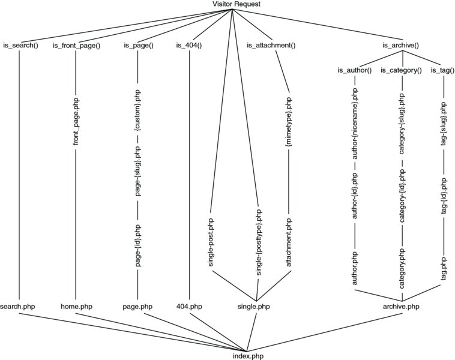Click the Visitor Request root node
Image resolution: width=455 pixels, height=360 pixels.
click(x=236, y=4)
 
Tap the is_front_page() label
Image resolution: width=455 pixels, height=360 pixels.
click(x=76, y=45)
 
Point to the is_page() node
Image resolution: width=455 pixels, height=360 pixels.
click(x=139, y=45)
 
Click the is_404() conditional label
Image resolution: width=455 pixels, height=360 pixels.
click(x=188, y=45)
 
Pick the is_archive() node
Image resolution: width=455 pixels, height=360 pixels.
click(x=400, y=45)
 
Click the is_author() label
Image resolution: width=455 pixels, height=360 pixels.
click(x=355, y=70)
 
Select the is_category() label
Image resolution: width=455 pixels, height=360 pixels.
click(x=401, y=70)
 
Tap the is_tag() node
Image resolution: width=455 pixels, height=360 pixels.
click(x=442, y=70)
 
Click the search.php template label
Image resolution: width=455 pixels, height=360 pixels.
click(x=20, y=307)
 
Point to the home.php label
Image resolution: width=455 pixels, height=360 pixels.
click(x=77, y=307)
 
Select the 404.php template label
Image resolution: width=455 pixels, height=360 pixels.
click(x=188, y=307)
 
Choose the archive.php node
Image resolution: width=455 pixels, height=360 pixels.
click(x=400, y=307)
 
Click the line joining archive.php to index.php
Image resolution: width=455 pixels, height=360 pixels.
click(x=324, y=329)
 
